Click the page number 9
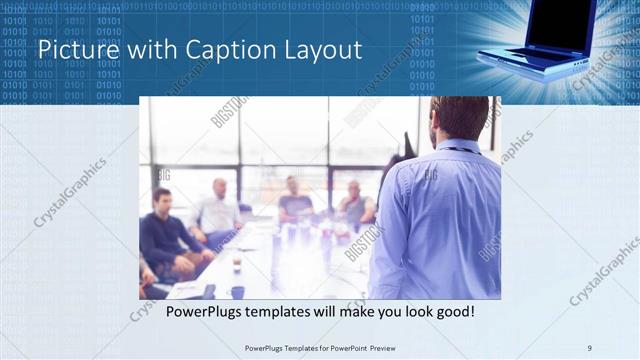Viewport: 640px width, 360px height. pos(590,348)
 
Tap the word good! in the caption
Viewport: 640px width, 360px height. pos(452,313)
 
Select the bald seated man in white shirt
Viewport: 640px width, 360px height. pos(217,211)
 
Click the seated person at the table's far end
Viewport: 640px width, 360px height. pos(294,198)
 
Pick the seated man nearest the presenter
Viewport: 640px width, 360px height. pos(354,205)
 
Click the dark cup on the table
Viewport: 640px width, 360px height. pos(237,292)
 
